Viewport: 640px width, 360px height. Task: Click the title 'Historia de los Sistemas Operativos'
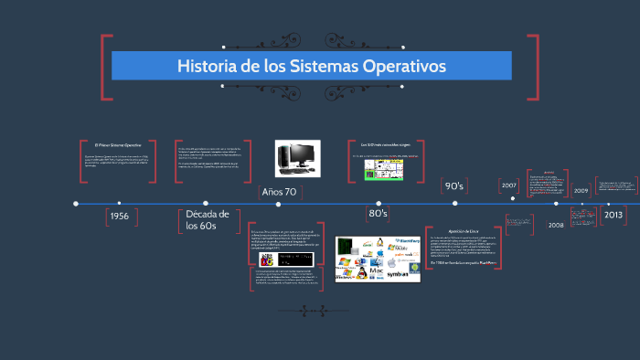coord(311,67)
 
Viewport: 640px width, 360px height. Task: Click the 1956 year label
coord(119,217)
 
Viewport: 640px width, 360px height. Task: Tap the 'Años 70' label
coord(279,192)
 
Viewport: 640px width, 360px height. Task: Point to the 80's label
coord(378,213)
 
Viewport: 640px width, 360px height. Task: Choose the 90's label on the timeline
coord(454,186)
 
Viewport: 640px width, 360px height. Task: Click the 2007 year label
coord(509,185)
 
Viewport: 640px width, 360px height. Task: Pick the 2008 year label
coord(556,224)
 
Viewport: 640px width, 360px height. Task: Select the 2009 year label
coord(581,191)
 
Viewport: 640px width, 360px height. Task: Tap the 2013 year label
coord(613,215)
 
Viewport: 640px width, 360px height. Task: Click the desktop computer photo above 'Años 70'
coord(295,156)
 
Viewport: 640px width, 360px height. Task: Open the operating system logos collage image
coord(378,259)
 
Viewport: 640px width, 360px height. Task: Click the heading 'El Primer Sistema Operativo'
coord(119,145)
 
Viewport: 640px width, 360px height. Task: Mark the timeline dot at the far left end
coord(76,203)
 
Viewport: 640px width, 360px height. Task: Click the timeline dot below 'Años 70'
coord(279,203)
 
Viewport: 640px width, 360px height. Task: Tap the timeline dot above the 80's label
coord(378,203)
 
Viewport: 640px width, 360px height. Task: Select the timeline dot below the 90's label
coord(454,203)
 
